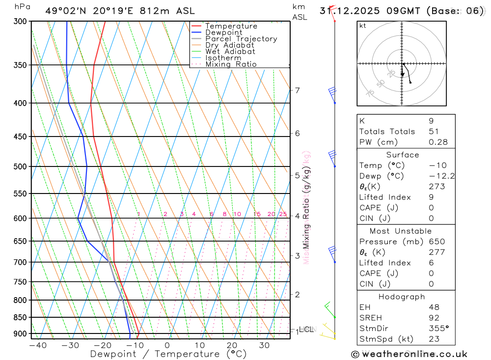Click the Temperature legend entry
click(231, 26)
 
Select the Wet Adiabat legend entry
click(230, 52)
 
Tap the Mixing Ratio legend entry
click(231, 64)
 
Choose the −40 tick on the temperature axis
click(38, 345)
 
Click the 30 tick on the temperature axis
click(264, 345)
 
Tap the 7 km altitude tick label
click(297, 90)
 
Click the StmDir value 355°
click(438, 328)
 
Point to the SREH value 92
click(434, 318)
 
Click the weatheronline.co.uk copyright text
click(409, 354)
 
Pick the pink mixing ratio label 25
click(283, 214)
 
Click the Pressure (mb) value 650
click(436, 242)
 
